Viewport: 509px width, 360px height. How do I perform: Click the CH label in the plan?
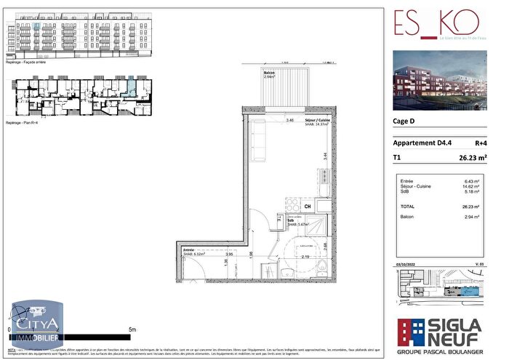tap(308, 207)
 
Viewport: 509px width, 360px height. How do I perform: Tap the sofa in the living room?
tap(258, 141)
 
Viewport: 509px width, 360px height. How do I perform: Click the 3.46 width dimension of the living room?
tap(290, 120)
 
